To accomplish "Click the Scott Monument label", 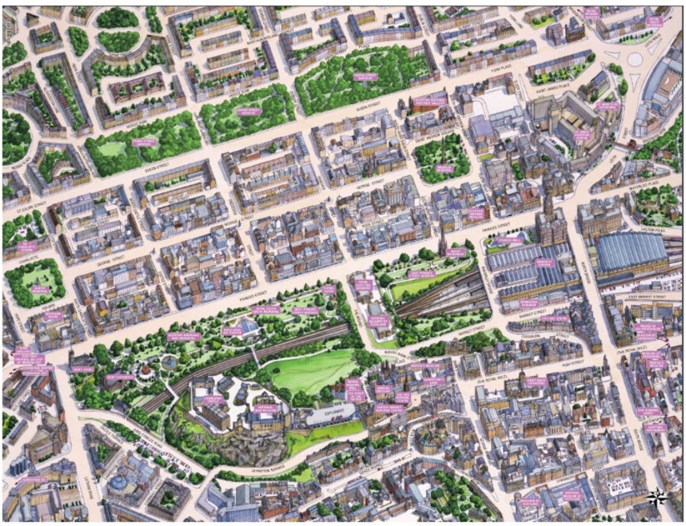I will pos(456,252).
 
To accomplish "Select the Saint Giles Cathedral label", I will pos(535,382).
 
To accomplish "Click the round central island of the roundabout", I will pos(635,58).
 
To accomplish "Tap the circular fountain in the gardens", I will pos(169,362).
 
